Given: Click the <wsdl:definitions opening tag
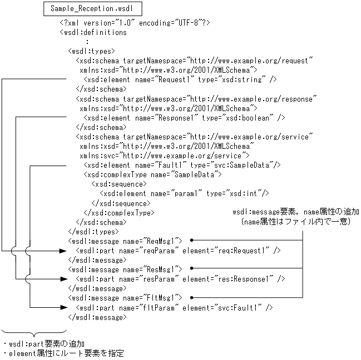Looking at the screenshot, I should (93, 32).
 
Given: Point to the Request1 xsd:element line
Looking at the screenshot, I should (180, 79).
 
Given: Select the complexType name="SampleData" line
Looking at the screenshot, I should (152, 174).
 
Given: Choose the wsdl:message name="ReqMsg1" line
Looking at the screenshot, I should (125, 241).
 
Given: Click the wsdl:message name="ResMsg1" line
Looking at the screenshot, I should (125, 269).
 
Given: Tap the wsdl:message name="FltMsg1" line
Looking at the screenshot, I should (125, 298).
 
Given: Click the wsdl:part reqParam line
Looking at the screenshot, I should (178, 251).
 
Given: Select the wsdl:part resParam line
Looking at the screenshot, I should (180, 279).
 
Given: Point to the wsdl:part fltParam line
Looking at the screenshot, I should (174, 307).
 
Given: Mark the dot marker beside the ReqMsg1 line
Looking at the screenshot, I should (191, 240).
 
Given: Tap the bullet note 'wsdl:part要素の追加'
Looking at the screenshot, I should (47, 344).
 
